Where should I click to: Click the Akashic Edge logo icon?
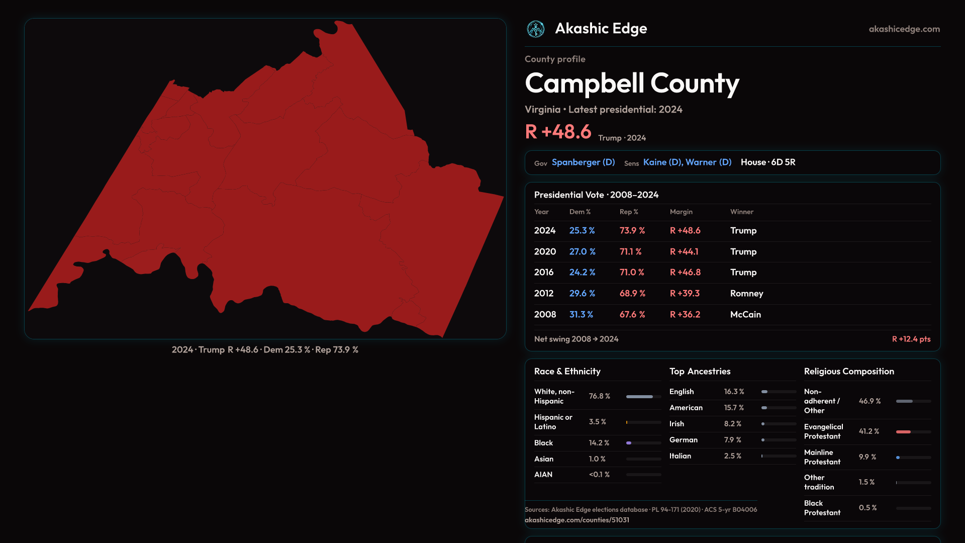pos(535,29)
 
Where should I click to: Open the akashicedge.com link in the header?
pos(904,29)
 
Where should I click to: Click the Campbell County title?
pos(632,83)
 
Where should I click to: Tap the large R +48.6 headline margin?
pos(558,132)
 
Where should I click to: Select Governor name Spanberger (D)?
pos(583,162)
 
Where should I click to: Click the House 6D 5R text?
pos(767,162)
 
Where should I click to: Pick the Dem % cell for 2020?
pos(582,251)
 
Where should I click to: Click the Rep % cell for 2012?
pos(632,293)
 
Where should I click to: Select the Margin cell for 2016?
pos(685,273)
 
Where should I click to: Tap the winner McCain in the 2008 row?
pos(745,314)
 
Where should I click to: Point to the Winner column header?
pos(741,212)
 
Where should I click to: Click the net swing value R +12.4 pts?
pos(911,339)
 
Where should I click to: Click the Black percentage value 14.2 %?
pos(599,443)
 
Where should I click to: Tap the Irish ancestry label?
pos(677,424)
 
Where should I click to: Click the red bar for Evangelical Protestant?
pos(903,432)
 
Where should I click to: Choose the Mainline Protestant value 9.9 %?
pos(867,457)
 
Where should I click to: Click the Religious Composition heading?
pos(849,372)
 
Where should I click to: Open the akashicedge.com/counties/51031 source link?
pos(576,520)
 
